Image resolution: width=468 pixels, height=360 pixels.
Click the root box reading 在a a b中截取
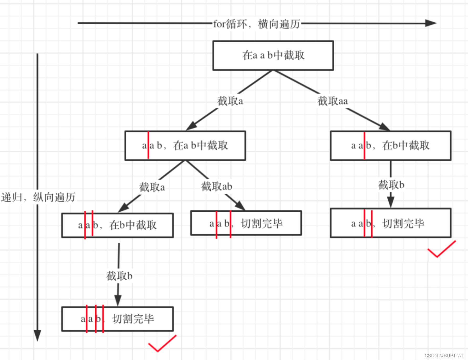tap(273, 55)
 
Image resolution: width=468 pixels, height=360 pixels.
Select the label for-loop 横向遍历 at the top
tap(256, 24)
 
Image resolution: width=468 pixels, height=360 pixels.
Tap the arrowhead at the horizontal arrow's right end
tap(431, 23)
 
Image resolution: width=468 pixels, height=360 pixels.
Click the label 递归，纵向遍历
tap(38, 197)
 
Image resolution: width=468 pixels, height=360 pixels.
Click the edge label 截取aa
tap(332, 101)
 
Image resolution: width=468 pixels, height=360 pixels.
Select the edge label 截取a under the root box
tap(230, 101)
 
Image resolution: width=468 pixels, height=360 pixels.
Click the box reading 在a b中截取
tap(185, 146)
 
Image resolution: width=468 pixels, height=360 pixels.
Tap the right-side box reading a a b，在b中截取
tap(391, 146)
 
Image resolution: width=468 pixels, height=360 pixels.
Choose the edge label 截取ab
tap(217, 186)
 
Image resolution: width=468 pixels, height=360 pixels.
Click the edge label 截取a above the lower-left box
tap(152, 187)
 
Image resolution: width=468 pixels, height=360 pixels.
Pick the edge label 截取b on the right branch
tap(391, 185)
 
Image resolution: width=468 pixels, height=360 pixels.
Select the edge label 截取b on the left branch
tap(119, 276)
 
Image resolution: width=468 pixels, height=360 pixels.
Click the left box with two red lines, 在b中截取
tap(117, 225)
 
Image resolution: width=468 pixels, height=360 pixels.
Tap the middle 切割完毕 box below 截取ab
tap(246, 223)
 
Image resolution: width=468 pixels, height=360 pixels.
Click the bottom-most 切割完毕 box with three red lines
tap(117, 319)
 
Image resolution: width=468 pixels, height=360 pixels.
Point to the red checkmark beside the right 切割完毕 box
tap(441, 250)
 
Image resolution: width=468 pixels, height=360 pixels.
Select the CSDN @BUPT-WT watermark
tap(444, 356)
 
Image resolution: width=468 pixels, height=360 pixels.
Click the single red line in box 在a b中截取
tap(148, 145)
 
